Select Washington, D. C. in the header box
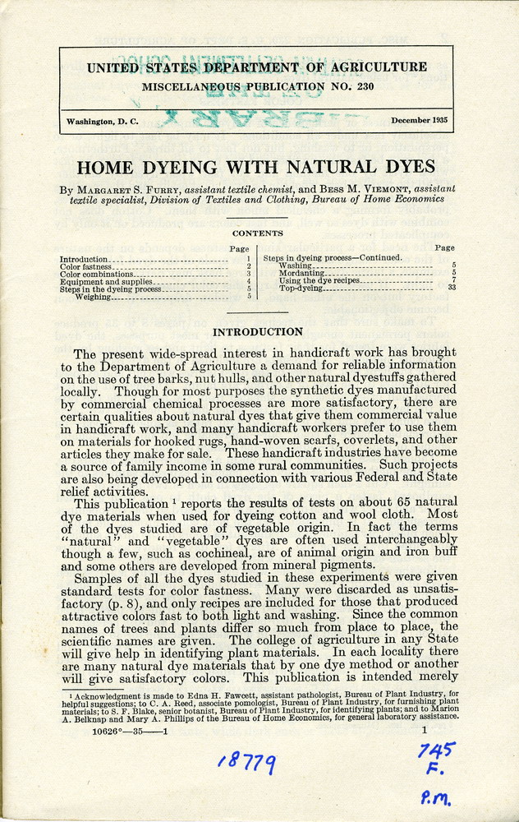103,122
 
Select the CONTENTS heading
257,233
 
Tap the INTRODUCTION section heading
258,331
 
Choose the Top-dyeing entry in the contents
301,289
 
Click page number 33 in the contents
451,289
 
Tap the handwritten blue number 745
435,750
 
